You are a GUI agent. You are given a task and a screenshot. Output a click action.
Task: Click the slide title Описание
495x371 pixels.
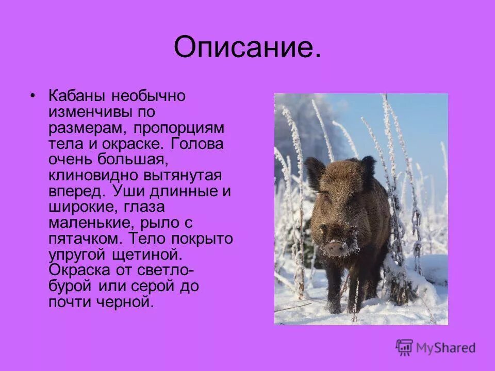tap(247, 48)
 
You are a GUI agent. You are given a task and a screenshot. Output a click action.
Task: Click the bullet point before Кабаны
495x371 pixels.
tap(33, 96)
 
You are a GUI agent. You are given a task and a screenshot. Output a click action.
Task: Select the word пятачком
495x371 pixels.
tap(86, 239)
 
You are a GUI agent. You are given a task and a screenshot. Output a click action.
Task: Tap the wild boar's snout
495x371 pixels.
tap(335, 248)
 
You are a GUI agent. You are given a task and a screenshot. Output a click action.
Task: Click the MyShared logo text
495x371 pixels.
tap(446, 348)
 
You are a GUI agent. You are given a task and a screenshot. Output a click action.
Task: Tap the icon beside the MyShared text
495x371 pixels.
tap(405, 348)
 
